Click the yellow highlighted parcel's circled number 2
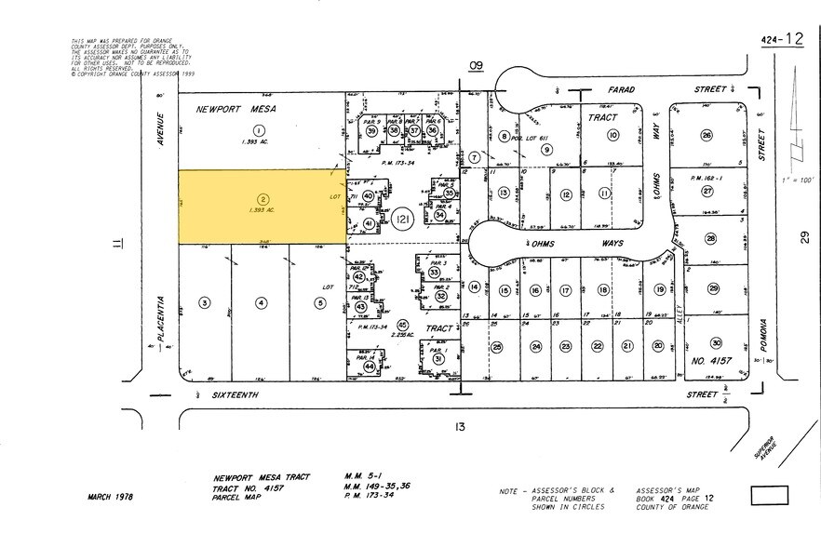coord(263,198)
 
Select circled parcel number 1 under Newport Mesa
coord(260,130)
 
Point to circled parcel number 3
coord(205,302)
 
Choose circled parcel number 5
coord(320,302)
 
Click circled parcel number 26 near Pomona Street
coord(707,136)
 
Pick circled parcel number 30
coord(715,343)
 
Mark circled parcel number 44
coord(370,367)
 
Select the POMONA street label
coord(761,332)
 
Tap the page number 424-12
coord(781,39)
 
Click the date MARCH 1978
coord(111,497)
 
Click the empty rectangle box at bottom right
coord(769,495)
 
